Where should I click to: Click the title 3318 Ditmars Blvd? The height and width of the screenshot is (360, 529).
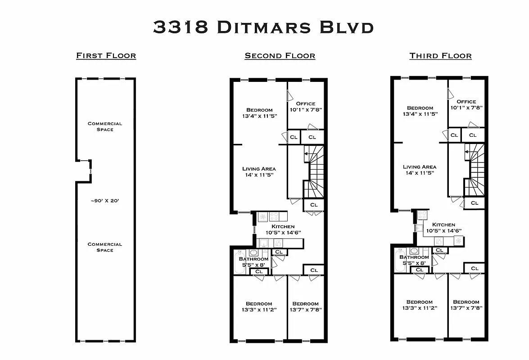coord(263,27)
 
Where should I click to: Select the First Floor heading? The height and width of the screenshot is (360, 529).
coord(106,56)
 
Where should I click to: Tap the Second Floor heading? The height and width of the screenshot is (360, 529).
coord(280,56)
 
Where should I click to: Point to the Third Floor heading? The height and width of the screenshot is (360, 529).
coord(441,56)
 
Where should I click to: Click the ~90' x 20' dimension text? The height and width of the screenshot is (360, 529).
coord(105,201)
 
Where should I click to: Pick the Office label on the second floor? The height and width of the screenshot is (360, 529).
coord(306,103)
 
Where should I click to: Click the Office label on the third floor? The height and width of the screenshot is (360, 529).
coord(466,101)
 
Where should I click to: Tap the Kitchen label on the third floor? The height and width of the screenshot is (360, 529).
coord(443,225)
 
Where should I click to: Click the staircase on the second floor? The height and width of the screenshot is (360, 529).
coord(314,171)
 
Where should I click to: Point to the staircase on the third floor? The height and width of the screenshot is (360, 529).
coord(475,170)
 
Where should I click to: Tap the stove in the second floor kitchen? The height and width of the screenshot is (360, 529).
coord(274,216)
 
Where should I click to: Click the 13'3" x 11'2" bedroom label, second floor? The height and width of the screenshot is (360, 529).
coord(259,306)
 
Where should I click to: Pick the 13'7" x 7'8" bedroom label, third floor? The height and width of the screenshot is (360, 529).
coord(466,305)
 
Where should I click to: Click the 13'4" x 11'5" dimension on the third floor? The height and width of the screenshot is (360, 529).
coord(420,114)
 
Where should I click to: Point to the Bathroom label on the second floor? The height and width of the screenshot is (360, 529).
coord(254,259)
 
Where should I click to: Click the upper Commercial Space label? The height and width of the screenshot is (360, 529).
coord(105,126)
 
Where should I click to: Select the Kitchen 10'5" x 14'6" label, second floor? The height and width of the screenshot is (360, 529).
coord(283,229)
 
